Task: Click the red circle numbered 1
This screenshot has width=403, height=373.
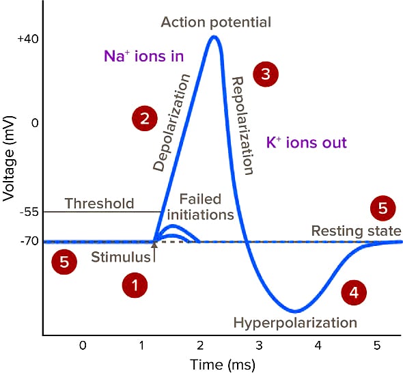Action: (x=135, y=286)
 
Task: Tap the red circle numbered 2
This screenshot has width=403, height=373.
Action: (x=144, y=119)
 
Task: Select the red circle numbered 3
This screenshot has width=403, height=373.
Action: (x=266, y=74)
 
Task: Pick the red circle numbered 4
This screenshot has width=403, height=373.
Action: (x=353, y=292)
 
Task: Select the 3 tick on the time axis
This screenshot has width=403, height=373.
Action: (x=258, y=346)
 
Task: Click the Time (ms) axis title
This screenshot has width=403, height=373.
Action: (x=222, y=364)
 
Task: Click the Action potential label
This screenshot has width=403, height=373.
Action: (x=216, y=22)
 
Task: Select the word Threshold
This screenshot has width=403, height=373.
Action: (x=99, y=204)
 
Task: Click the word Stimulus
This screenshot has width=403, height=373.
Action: (x=121, y=258)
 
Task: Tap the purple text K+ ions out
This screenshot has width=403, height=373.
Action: (x=307, y=143)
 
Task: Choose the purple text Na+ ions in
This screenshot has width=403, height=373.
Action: (x=143, y=56)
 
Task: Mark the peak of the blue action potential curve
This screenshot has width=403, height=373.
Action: (x=214, y=36)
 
